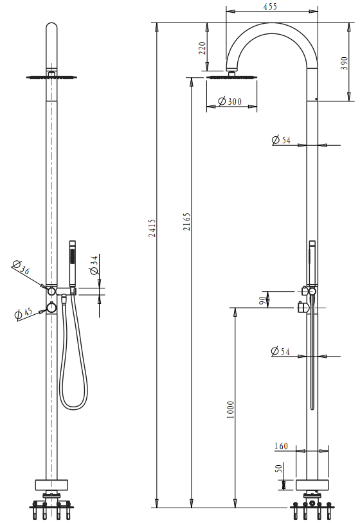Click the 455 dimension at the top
[270, 6]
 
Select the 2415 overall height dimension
[152, 228]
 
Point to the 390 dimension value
[345, 62]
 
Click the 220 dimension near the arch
[203, 49]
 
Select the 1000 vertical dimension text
[231, 409]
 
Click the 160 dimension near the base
[281, 447]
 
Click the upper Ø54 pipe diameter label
[281, 140]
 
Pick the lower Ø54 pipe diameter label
[281, 351]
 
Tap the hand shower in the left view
[73, 263]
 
